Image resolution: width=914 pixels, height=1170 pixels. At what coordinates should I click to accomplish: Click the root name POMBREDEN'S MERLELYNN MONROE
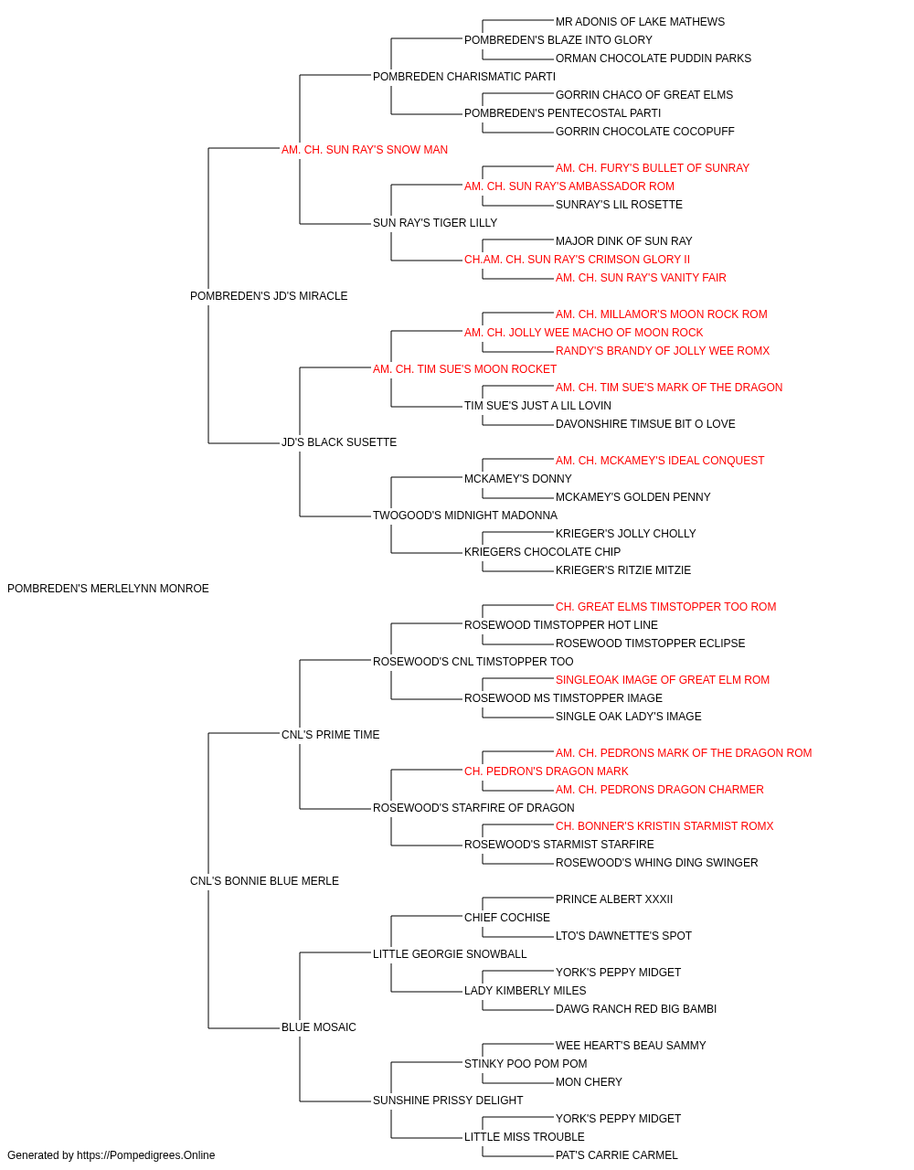click(108, 589)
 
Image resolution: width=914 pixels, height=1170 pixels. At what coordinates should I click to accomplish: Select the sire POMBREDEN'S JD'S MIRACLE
click(269, 296)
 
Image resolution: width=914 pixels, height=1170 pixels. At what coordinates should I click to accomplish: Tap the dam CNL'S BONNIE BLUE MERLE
click(264, 881)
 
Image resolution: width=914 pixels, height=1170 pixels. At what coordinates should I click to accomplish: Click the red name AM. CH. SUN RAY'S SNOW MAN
click(365, 150)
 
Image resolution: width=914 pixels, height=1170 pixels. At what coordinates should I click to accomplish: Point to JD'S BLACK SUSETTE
click(339, 442)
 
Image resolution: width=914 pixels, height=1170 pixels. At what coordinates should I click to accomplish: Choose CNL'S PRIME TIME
click(331, 735)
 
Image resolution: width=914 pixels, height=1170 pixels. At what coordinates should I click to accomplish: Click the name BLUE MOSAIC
click(319, 1027)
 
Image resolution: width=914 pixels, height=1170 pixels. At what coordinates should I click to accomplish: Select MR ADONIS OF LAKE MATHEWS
click(640, 22)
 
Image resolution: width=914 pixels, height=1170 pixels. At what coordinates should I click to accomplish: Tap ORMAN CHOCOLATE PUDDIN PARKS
click(654, 58)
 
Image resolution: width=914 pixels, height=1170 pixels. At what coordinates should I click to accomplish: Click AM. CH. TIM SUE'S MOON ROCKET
click(464, 369)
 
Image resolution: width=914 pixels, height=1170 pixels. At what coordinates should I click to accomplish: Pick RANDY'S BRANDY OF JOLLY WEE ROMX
click(663, 351)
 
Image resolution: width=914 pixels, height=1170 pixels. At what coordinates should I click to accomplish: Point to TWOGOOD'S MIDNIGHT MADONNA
click(465, 516)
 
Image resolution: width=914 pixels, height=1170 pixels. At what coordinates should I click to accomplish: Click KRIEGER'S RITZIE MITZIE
click(623, 570)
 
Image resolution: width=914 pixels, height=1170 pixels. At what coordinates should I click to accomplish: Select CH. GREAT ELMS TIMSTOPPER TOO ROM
click(666, 607)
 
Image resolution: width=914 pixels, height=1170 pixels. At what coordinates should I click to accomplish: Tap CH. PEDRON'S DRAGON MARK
click(547, 771)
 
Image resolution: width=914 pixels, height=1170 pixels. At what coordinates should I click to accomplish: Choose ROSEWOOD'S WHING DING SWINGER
click(656, 863)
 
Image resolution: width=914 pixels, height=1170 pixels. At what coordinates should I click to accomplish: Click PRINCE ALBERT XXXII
click(614, 899)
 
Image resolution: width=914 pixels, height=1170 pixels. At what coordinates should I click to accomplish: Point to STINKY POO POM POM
click(526, 1064)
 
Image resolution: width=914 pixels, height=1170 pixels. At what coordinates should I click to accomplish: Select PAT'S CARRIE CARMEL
click(617, 1155)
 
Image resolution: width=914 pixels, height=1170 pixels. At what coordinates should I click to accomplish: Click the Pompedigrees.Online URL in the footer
click(146, 1155)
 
